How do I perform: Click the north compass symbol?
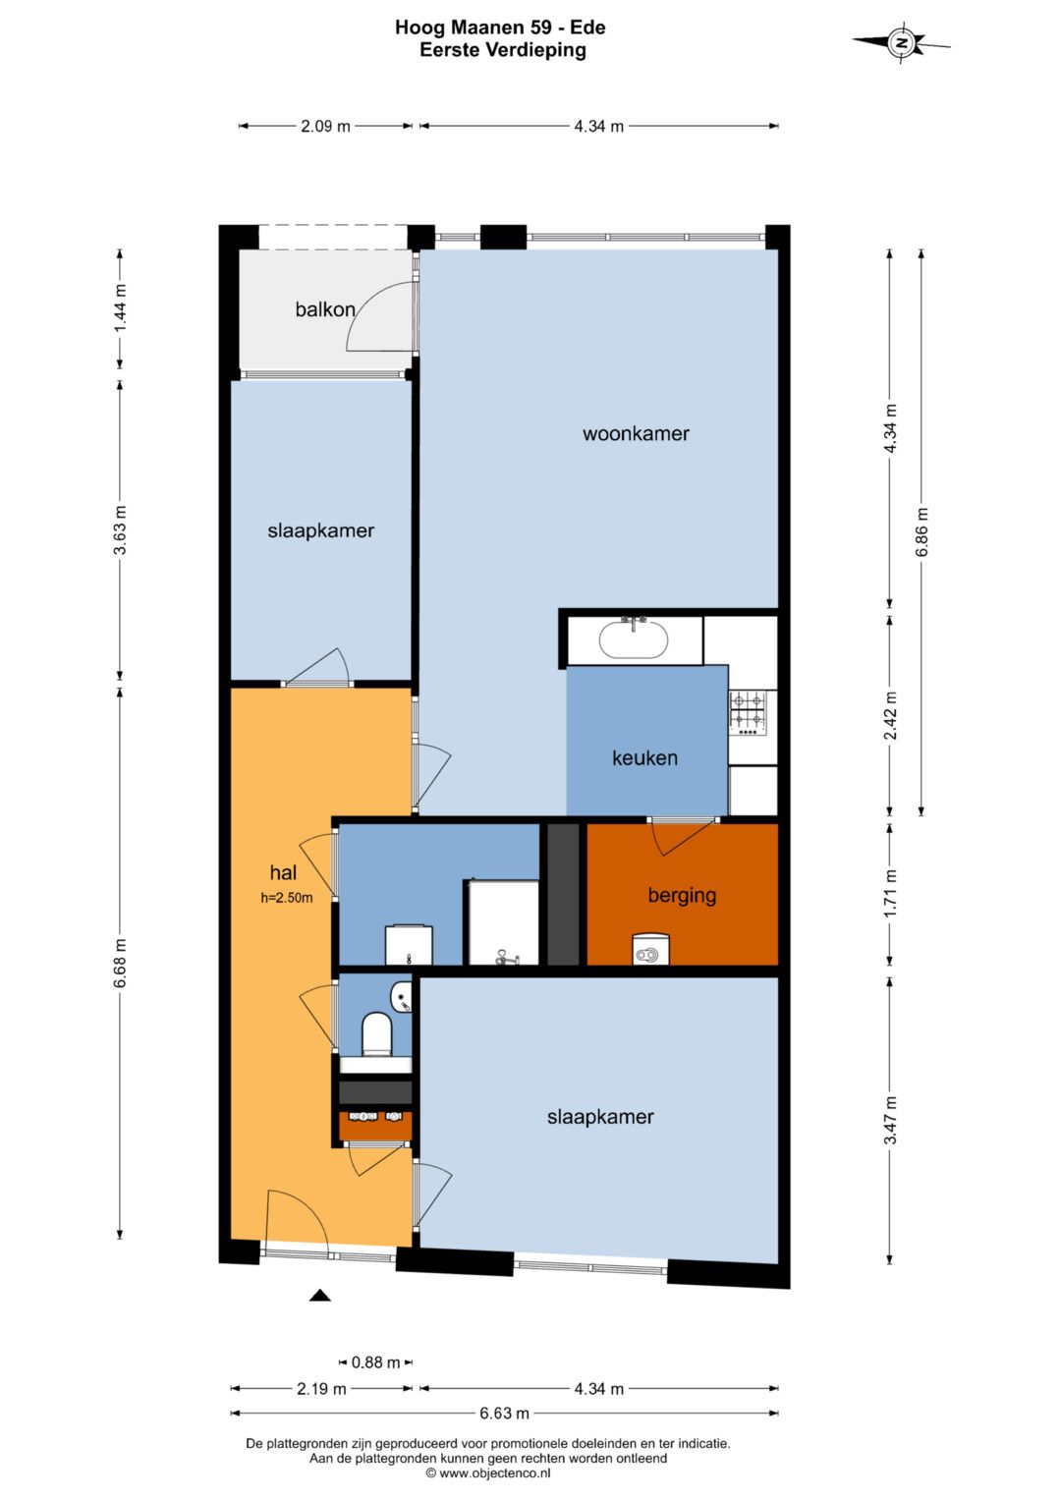(x=902, y=43)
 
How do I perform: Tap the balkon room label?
(x=325, y=309)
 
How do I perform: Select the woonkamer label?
(x=636, y=433)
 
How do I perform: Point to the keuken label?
(x=644, y=757)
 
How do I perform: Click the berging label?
(x=682, y=895)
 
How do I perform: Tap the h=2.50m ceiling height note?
(x=287, y=898)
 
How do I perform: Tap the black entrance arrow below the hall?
(x=320, y=1295)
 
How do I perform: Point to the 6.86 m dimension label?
(x=921, y=531)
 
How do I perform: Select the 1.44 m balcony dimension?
(x=120, y=308)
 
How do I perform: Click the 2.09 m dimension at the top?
(x=325, y=126)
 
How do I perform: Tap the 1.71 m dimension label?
(x=889, y=894)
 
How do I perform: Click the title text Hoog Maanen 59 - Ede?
(x=500, y=28)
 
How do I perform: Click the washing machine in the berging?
(x=650, y=949)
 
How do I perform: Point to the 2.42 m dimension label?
(x=889, y=716)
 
